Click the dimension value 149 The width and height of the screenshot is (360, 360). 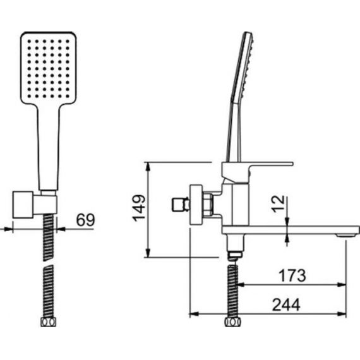pos(140,208)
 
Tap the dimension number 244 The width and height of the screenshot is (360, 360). pos(286,305)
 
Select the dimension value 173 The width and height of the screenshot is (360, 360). pos(292,275)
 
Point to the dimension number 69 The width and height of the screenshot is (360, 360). pos(85,220)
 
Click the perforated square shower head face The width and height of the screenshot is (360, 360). pos(48,68)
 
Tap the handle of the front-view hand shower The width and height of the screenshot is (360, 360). pos(48,147)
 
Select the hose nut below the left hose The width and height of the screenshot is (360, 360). pos(48,322)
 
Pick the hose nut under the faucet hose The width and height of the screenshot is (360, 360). pos(233,322)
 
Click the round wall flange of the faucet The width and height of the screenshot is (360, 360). pos(196,205)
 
